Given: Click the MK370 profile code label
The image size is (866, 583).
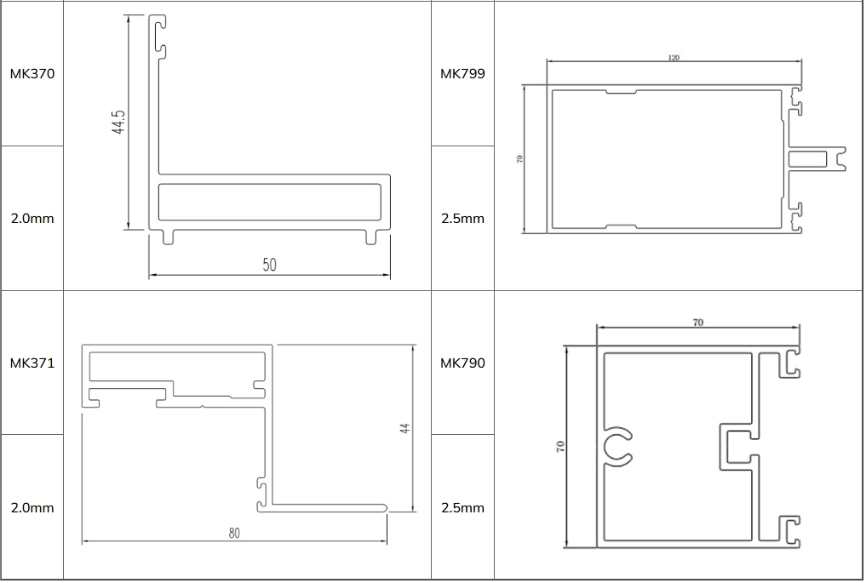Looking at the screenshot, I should pos(32,73).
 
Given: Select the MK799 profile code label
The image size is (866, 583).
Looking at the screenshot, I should pos(462,73).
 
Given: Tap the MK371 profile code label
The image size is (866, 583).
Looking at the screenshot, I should pos(32,363).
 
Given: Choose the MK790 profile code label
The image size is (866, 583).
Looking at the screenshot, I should pos(462,363).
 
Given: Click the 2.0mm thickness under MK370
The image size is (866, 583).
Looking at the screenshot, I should pos(32,218).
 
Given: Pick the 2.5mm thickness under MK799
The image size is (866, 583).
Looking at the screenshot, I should pos(462,218).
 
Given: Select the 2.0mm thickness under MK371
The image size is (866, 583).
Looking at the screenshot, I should pos(32,507).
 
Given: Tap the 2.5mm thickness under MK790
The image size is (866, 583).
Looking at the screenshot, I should pos(462,507).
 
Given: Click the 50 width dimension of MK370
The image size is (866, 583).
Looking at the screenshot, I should pos(269,265).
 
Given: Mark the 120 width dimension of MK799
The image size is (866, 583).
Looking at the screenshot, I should pos(674,58).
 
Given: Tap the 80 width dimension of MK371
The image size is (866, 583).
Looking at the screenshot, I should pos(234,533).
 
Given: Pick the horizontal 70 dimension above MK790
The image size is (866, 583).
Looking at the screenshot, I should pos(697,323).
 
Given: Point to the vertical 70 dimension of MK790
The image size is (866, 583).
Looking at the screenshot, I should pos(560,446).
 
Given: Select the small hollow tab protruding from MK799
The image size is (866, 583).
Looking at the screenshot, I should pos(812,158).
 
